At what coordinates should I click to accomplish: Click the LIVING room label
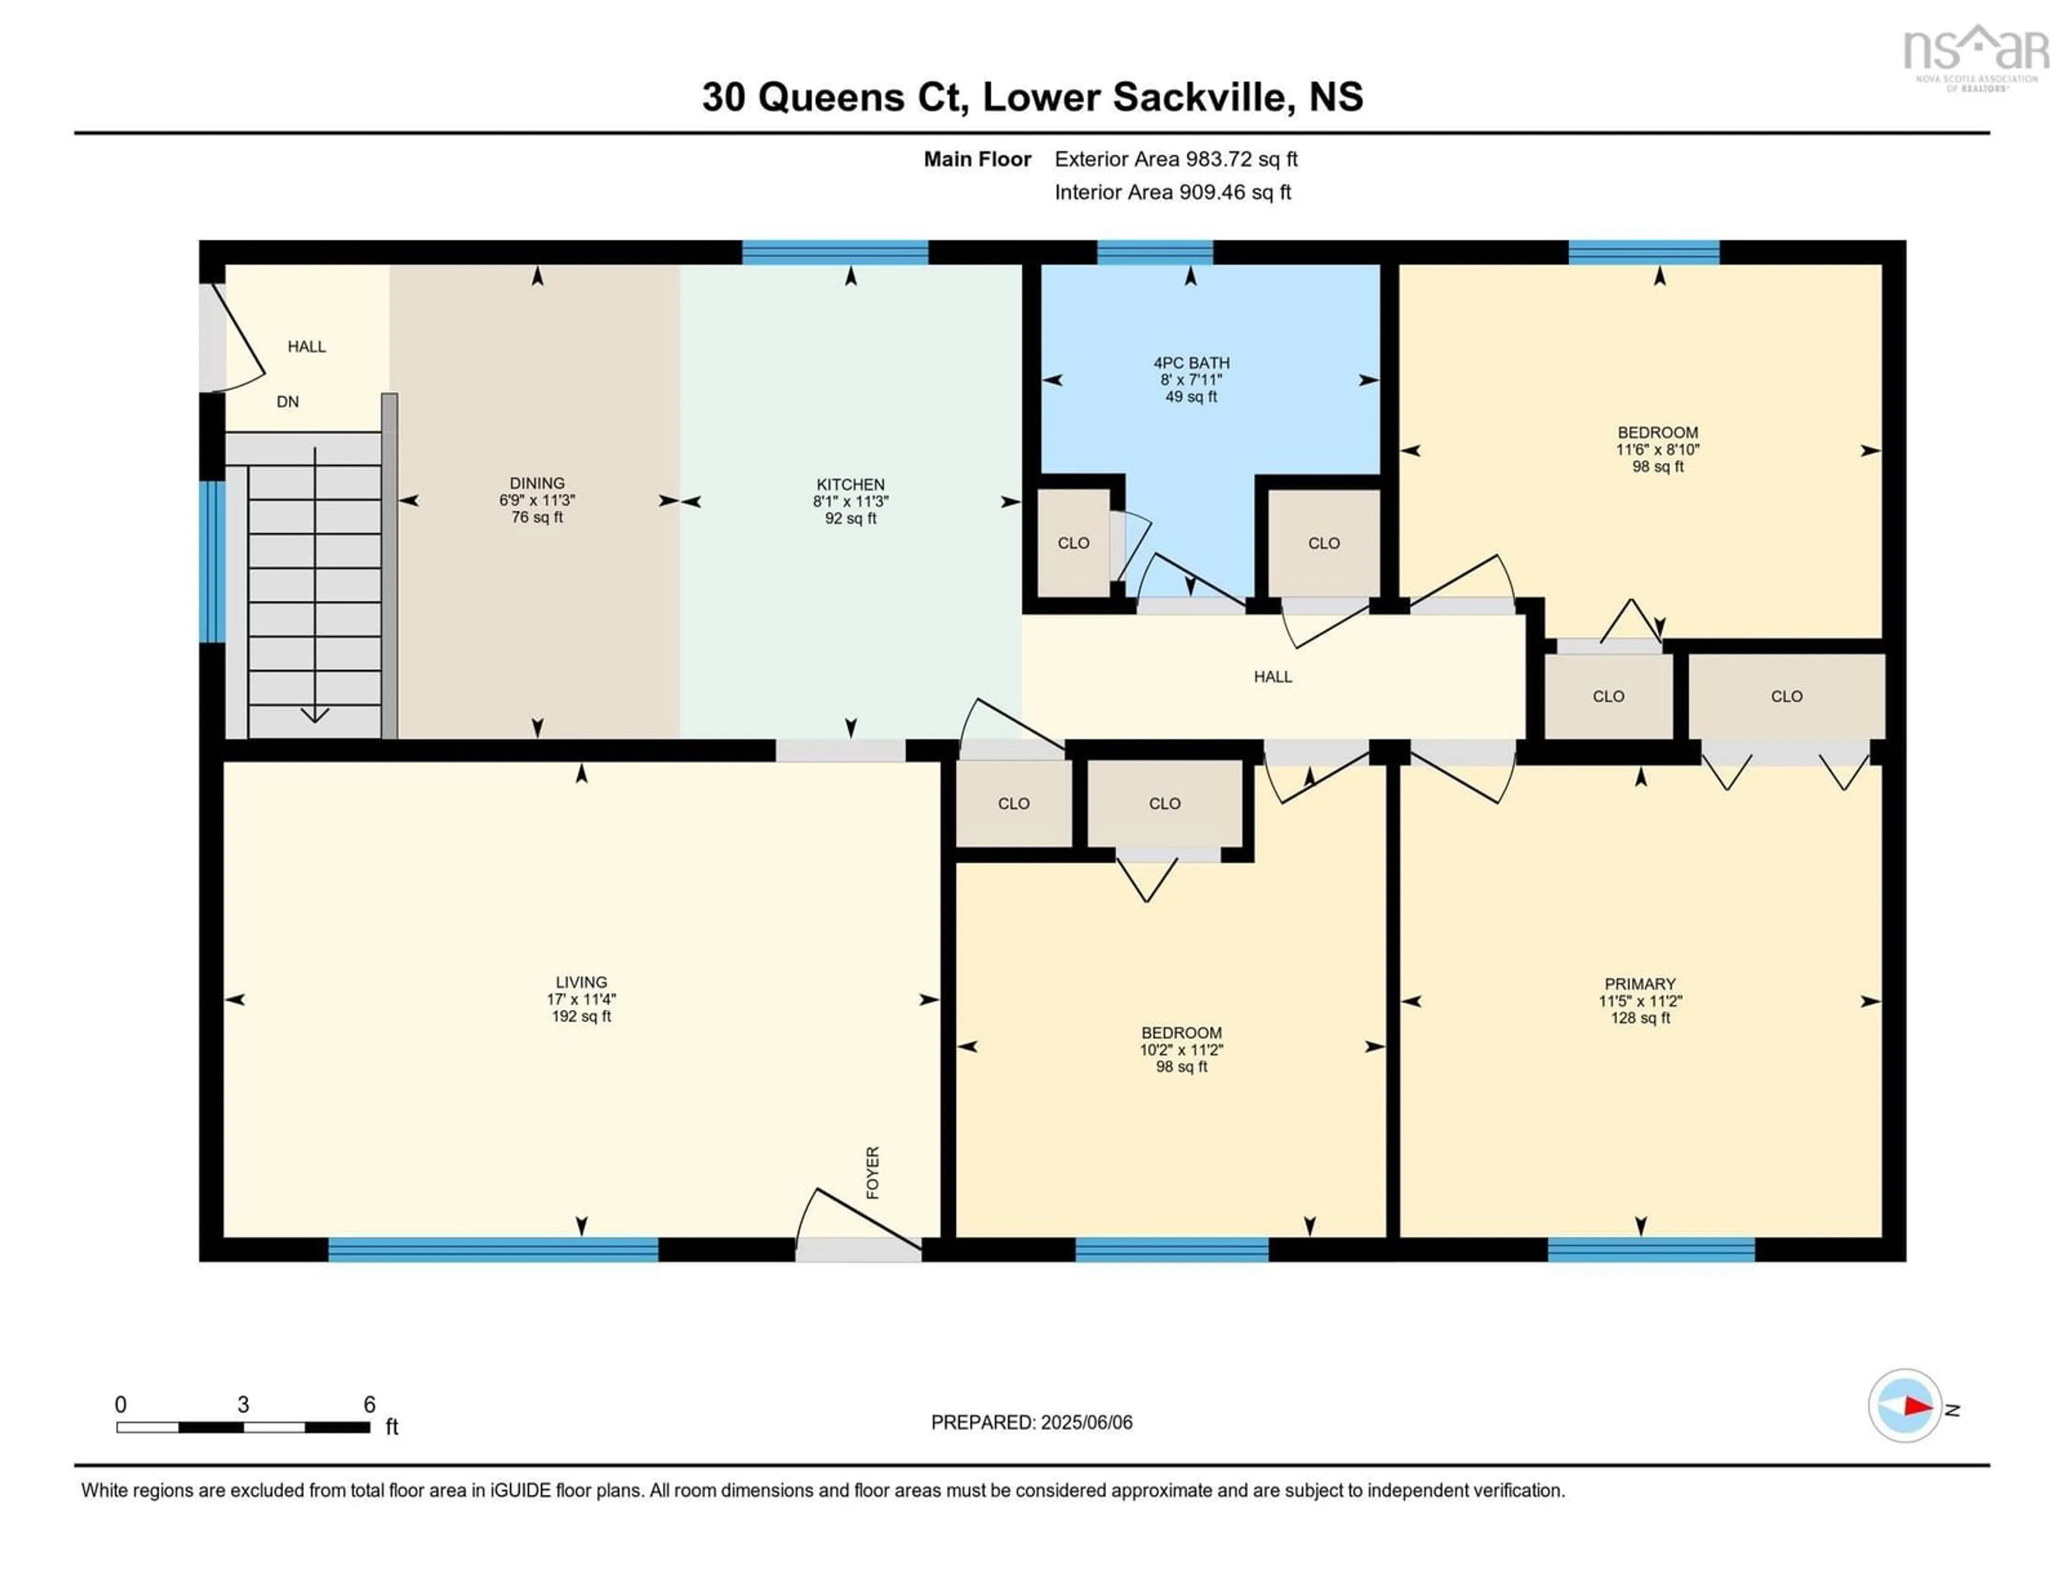point(581,982)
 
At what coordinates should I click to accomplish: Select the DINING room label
point(537,483)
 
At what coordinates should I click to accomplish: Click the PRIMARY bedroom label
point(1640,983)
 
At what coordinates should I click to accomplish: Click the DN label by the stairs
point(288,401)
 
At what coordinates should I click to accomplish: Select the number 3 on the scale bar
point(243,1405)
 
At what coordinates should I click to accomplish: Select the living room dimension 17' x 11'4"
point(581,999)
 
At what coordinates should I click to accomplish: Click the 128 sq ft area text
point(1640,1018)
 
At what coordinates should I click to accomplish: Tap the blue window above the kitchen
point(835,252)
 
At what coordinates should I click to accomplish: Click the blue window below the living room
point(493,1249)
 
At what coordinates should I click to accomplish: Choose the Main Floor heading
point(977,159)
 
